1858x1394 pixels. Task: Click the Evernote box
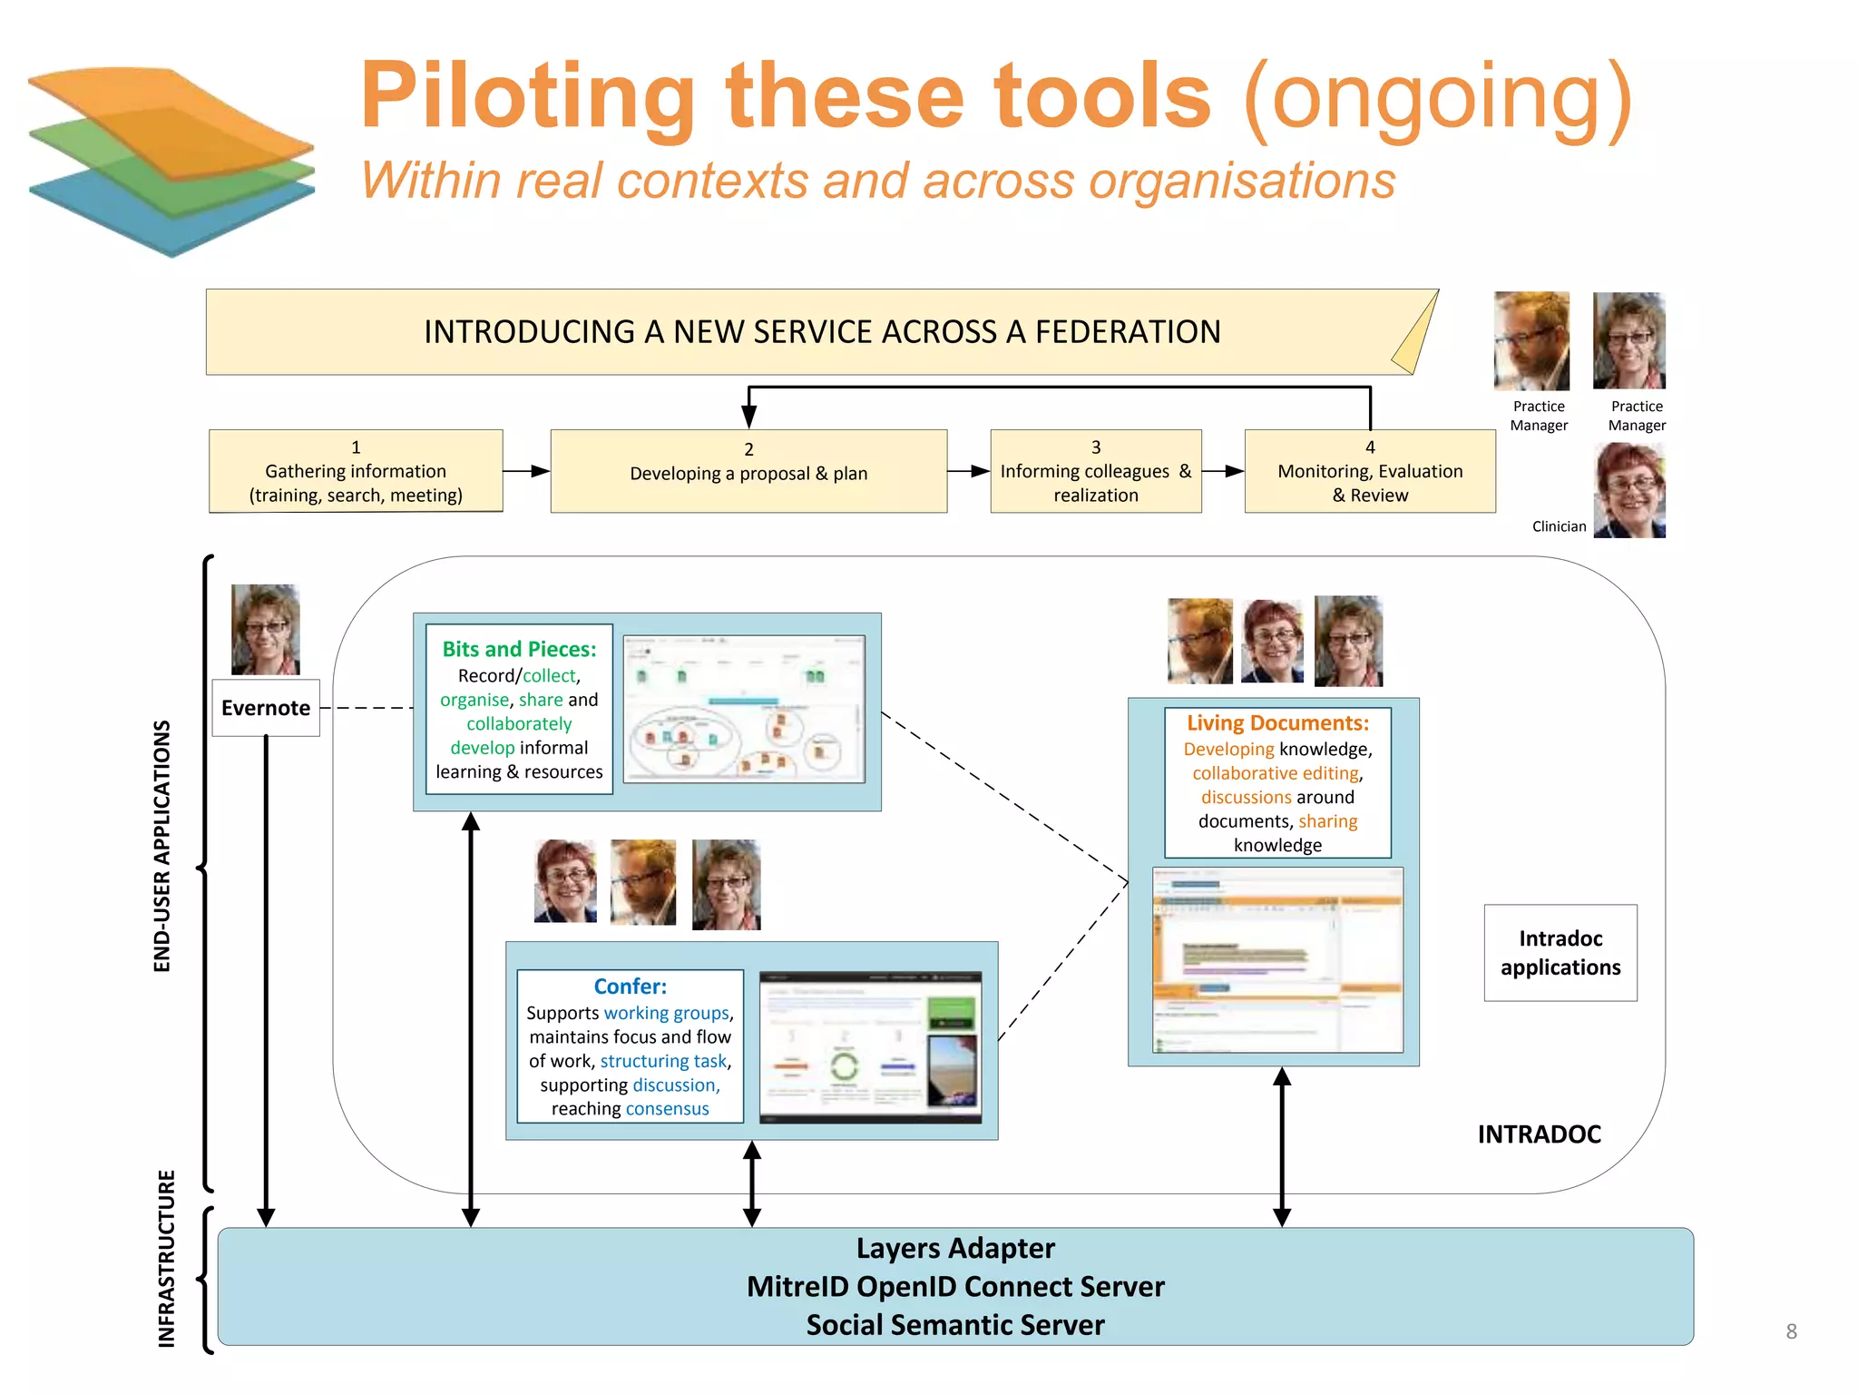point(266,708)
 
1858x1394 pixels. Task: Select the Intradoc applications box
point(1560,953)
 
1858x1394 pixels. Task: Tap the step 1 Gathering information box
point(356,471)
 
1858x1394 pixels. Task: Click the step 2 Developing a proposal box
point(748,471)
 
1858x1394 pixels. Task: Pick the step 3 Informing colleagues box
point(1095,471)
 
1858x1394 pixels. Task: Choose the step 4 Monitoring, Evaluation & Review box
point(1369,471)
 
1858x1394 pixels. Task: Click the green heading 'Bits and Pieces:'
point(519,649)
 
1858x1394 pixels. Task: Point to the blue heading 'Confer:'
point(630,987)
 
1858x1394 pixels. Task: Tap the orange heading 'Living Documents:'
point(1277,723)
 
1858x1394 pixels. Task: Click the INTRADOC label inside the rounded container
point(1539,1134)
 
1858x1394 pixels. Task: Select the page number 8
point(1791,1331)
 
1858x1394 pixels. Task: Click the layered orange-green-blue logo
point(172,159)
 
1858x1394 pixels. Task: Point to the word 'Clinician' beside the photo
point(1559,526)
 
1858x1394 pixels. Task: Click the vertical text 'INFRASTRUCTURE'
point(166,1259)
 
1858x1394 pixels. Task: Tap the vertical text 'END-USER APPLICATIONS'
point(162,846)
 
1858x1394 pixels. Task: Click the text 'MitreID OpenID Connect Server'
point(955,1287)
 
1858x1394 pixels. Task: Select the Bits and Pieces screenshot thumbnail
point(744,709)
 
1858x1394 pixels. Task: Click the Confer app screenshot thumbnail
point(870,1046)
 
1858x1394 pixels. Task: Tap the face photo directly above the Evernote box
point(265,629)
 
